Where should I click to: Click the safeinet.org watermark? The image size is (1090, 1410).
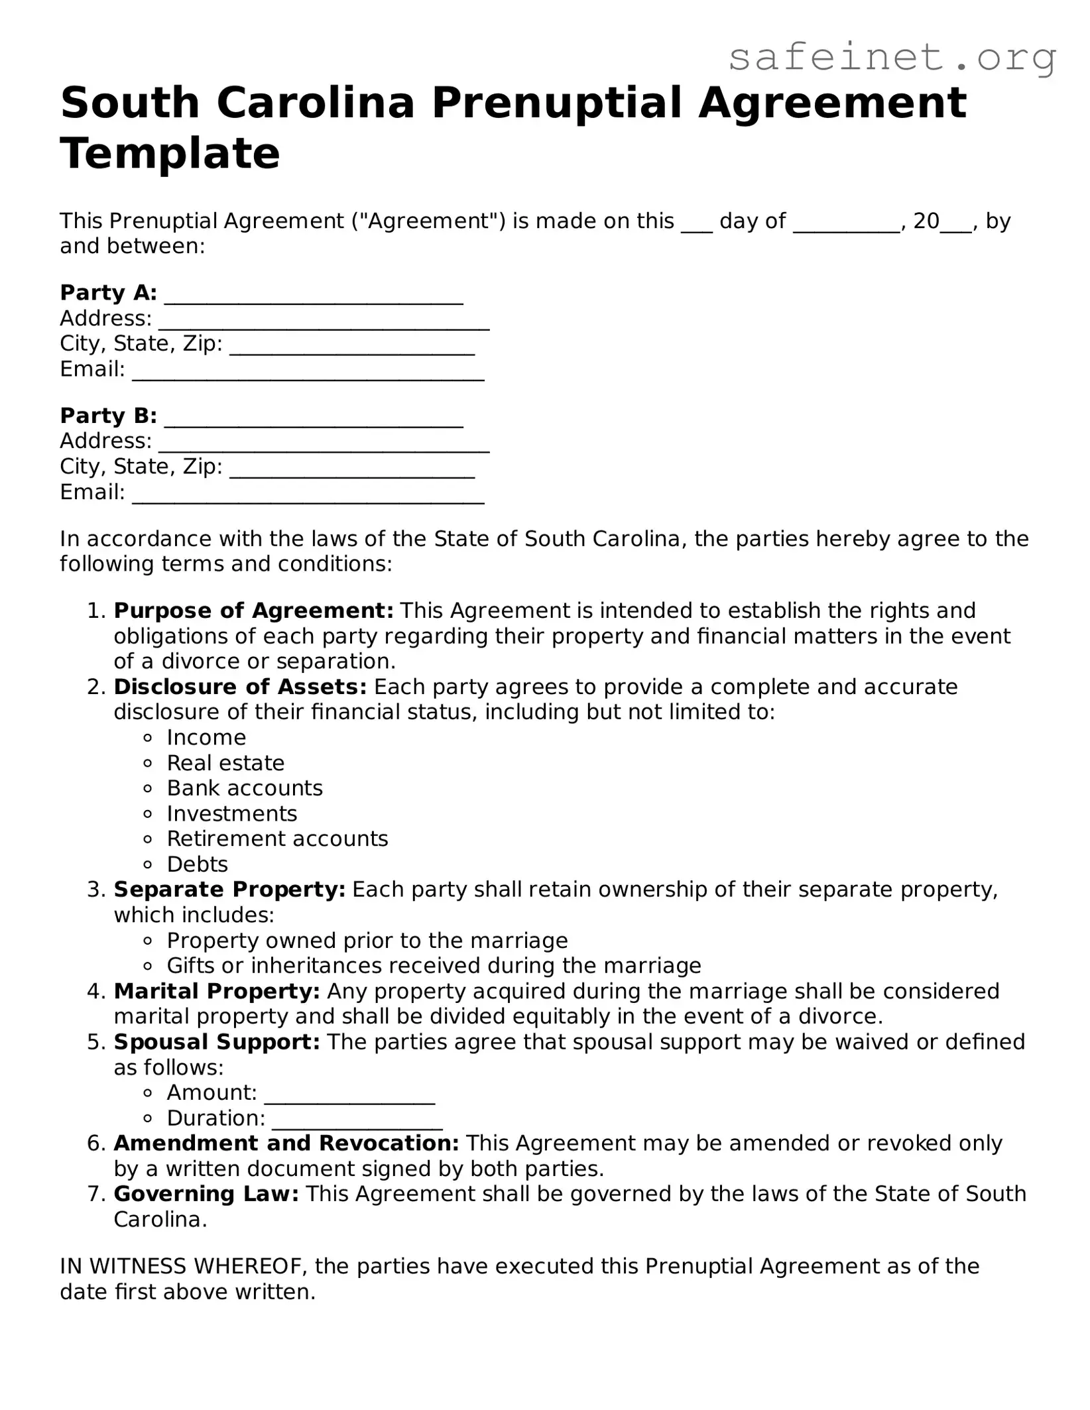coord(891,58)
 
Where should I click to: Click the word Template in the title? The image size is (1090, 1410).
coord(170,154)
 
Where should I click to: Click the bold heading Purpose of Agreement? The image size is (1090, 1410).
coord(253,611)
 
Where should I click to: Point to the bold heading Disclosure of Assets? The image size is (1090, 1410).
coord(240,687)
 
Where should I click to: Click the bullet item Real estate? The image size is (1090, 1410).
coord(225,763)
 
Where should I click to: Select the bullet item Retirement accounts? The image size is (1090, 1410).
coord(277,839)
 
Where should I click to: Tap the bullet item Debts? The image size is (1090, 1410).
coord(197,864)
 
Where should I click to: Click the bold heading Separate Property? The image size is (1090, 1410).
coord(229,890)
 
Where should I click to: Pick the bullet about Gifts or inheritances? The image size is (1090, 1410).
coord(434,966)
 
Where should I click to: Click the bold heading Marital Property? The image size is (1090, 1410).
coord(217,991)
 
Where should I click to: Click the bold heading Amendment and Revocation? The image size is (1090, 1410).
coord(286,1144)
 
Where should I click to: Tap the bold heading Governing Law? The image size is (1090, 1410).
coord(206,1194)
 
